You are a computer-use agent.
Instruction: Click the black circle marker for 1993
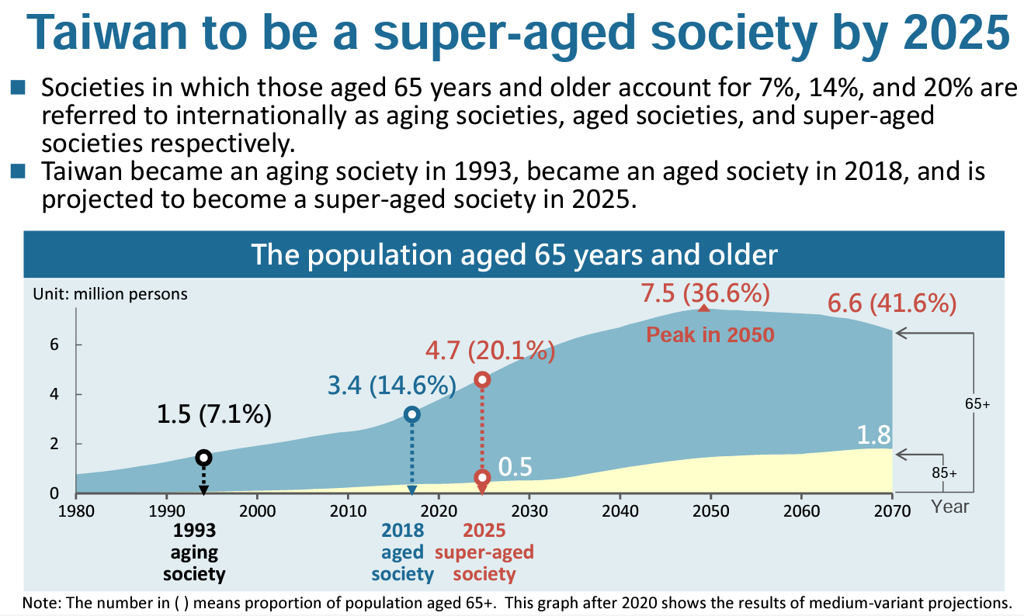click(x=204, y=458)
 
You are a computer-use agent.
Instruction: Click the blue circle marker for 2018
click(x=412, y=414)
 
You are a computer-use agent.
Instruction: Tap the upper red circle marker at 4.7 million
click(x=483, y=379)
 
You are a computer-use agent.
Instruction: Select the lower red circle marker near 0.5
click(x=483, y=478)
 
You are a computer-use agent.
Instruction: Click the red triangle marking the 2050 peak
click(x=704, y=308)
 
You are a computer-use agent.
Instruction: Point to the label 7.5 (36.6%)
click(x=706, y=293)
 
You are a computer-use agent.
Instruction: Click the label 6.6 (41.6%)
click(x=892, y=303)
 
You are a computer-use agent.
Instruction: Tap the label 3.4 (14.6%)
click(x=392, y=385)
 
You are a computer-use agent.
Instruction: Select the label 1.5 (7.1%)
click(x=214, y=414)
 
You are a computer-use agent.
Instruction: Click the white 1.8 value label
click(x=873, y=434)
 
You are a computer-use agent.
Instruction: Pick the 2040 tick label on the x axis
click(x=620, y=510)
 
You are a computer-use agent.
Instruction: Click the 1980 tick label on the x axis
click(x=76, y=510)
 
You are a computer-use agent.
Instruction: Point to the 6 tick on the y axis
click(x=54, y=344)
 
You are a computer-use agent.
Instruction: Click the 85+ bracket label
click(x=945, y=473)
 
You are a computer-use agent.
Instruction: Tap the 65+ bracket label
click(x=977, y=404)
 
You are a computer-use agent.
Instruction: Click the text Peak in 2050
click(x=710, y=335)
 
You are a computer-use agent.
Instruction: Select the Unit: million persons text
click(x=110, y=294)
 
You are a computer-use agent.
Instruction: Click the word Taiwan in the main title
click(x=106, y=32)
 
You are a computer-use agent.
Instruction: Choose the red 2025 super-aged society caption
click(x=484, y=552)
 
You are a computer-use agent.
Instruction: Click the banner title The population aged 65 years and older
click(x=514, y=254)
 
